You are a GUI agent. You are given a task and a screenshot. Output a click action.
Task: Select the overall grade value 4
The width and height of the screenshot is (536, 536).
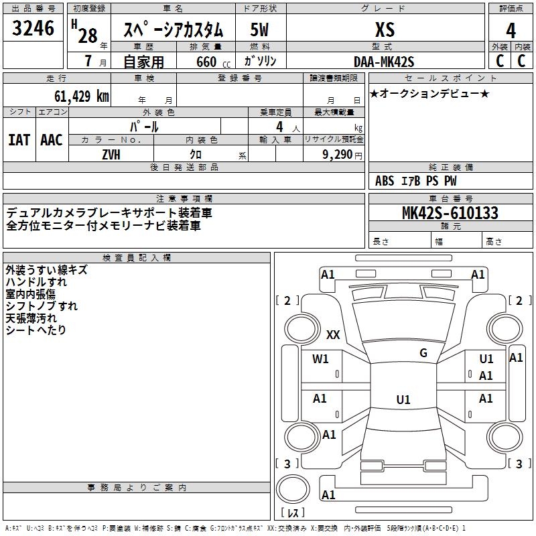click(x=511, y=30)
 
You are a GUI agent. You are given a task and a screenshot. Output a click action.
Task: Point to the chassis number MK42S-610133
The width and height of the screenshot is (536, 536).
click(x=450, y=213)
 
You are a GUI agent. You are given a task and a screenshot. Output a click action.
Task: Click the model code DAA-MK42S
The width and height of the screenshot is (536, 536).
click(x=384, y=61)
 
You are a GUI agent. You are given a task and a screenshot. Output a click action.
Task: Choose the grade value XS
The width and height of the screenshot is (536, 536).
click(x=385, y=30)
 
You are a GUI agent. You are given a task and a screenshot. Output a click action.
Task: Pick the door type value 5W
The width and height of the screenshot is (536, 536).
click(x=259, y=30)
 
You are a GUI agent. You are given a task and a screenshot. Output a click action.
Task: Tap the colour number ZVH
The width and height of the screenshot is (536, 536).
click(x=111, y=153)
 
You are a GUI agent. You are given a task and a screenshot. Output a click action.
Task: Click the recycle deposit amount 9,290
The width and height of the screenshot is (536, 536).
click(x=338, y=153)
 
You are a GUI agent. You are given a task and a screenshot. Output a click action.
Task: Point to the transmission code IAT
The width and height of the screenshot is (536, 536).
click(x=19, y=140)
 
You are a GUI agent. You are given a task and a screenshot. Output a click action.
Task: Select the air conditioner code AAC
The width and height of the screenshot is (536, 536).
click(x=52, y=140)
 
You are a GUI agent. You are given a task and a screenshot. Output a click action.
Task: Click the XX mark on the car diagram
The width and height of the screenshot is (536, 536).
click(x=333, y=335)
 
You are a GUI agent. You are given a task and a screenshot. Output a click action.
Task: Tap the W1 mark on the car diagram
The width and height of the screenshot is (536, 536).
click(x=321, y=358)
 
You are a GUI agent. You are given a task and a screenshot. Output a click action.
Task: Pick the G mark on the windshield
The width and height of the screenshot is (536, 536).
click(x=423, y=353)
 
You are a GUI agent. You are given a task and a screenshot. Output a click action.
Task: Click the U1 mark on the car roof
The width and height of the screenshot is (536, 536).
click(x=403, y=399)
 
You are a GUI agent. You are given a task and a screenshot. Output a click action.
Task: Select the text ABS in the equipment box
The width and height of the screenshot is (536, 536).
click(x=385, y=181)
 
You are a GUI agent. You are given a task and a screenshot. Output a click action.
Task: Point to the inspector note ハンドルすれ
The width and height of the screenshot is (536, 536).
click(x=36, y=282)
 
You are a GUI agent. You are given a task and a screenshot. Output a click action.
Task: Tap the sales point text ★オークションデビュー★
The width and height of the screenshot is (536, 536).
click(x=429, y=93)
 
